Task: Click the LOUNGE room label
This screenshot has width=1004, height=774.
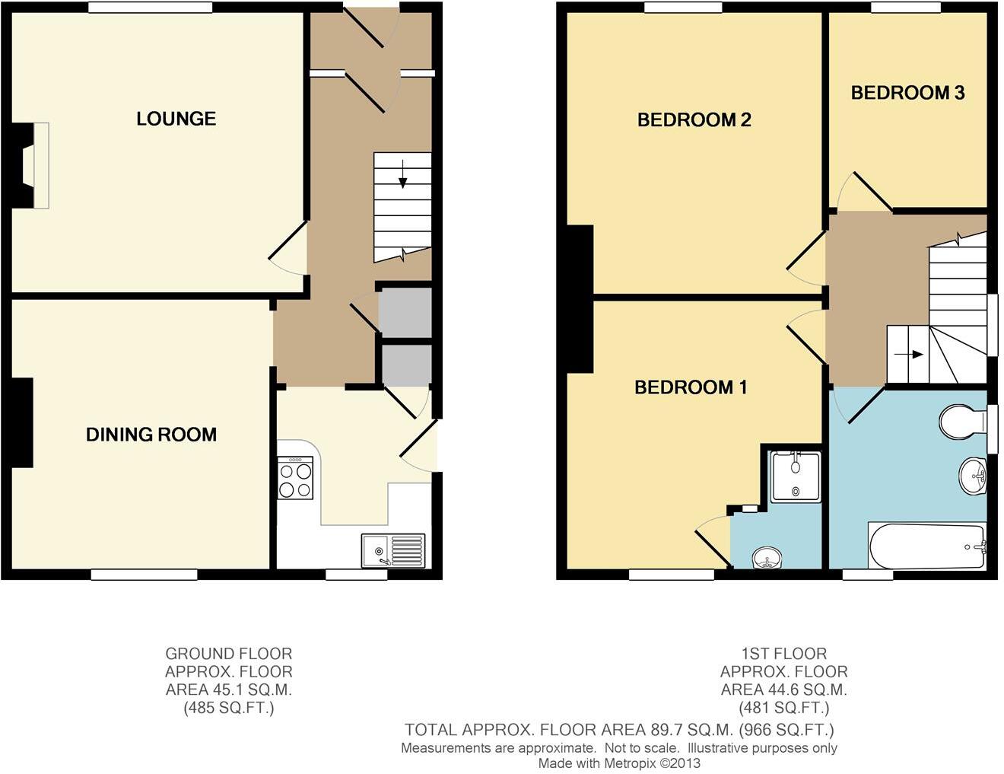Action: (176, 119)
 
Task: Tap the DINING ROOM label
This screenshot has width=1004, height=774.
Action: (151, 435)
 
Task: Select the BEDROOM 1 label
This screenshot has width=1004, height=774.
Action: (691, 387)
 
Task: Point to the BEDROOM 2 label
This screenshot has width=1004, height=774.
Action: (694, 119)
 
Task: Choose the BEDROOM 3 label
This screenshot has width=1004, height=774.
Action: (907, 93)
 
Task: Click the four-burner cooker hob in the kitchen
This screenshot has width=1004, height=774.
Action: (295, 479)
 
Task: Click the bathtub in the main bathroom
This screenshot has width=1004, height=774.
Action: (926, 546)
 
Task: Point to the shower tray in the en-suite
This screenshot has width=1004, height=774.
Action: (796, 477)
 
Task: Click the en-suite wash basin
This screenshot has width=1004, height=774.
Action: (767, 559)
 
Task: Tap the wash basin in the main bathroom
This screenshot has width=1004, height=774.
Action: (972, 476)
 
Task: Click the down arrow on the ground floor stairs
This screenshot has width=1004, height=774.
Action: (402, 176)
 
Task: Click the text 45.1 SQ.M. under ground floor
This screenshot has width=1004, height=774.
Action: (229, 690)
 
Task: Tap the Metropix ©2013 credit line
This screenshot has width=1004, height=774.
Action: (619, 763)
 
